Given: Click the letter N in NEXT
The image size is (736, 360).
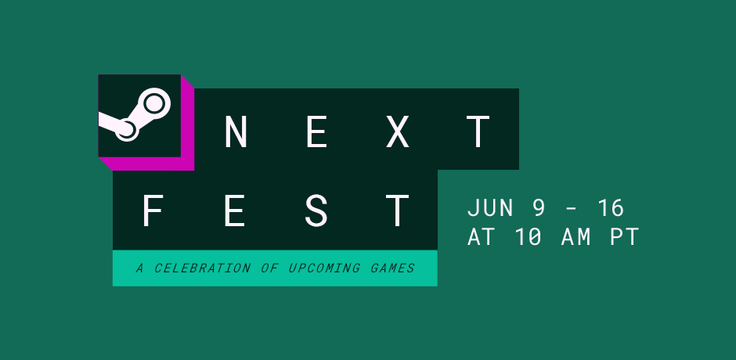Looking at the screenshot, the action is click(x=236, y=132).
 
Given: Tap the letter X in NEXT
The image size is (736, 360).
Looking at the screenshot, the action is click(x=398, y=132).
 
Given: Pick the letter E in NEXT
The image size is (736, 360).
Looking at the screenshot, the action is click(x=317, y=132).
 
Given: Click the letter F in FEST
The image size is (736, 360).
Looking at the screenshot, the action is click(x=153, y=211).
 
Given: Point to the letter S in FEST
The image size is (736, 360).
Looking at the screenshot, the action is click(x=316, y=211).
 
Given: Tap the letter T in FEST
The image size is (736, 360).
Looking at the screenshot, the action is click(x=398, y=211).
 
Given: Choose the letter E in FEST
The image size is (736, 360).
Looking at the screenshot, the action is click(x=235, y=211).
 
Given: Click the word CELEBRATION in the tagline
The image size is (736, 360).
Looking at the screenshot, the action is click(x=202, y=268).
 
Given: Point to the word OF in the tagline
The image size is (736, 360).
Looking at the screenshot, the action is click(x=269, y=268).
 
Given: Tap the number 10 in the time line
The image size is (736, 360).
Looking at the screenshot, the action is click(x=529, y=237).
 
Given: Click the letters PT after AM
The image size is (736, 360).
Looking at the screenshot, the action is click(x=624, y=237).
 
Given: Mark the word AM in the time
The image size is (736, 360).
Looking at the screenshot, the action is click(x=576, y=237).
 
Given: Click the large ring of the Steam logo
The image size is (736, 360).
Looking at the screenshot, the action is click(x=153, y=103).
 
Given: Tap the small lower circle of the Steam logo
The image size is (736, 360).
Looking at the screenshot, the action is click(x=126, y=130).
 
